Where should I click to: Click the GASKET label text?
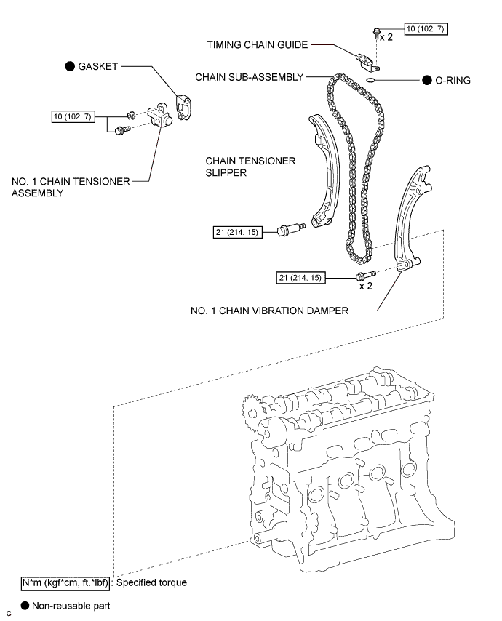pos(98,66)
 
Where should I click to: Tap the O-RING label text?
pos(453,81)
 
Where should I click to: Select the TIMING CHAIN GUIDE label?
pos(257,45)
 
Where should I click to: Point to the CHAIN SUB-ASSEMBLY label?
pos(250,77)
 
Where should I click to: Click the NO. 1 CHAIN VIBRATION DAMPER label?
pos(269,310)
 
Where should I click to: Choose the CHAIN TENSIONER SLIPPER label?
pos(250,167)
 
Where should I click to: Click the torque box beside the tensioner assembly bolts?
pos(73,116)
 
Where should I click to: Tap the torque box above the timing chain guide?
pos(426,29)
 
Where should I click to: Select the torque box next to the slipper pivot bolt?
pos(237,232)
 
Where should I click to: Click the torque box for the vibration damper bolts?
pos(300,278)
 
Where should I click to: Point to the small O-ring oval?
pos(370,81)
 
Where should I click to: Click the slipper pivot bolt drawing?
pos(292,229)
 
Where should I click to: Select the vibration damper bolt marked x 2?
pos(366,275)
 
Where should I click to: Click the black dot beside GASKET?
pos(70,66)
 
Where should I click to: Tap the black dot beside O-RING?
pos(427,81)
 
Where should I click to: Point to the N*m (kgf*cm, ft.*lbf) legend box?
pos(65,583)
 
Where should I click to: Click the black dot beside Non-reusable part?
pos(25,606)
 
